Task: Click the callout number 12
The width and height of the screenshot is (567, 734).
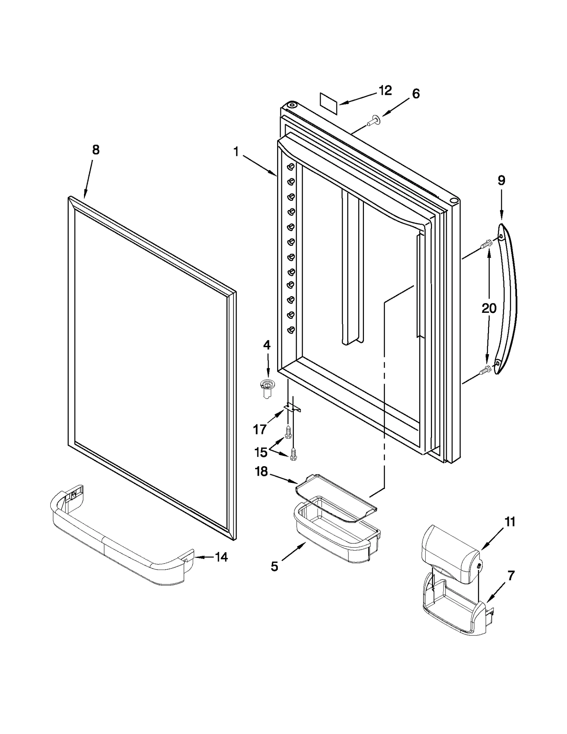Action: coord(385,91)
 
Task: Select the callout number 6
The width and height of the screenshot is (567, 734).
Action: coord(416,94)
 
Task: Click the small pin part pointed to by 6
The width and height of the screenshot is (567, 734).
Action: coord(372,122)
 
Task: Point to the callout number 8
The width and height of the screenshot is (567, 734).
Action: coord(96,150)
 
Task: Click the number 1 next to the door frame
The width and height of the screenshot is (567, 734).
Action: coord(236,152)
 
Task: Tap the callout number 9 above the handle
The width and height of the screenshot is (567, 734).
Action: coord(501,181)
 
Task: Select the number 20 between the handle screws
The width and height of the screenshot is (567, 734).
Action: coord(489,308)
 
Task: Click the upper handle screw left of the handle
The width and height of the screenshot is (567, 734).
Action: coord(485,244)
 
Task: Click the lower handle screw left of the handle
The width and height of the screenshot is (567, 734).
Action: coord(485,371)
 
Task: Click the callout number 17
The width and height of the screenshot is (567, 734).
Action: coord(259,430)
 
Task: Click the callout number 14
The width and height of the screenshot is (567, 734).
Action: coord(221,557)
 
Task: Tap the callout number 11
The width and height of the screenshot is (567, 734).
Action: coord(510,522)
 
